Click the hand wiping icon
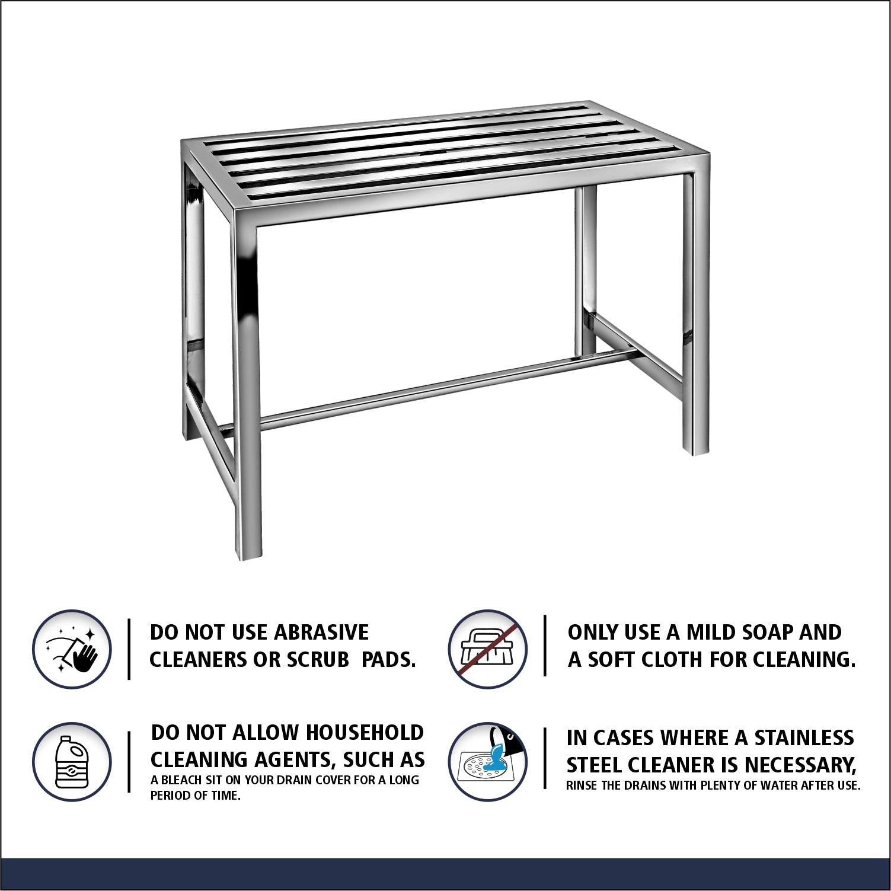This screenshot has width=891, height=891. click(x=72, y=649)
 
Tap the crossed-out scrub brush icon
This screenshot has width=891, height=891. click(x=487, y=649)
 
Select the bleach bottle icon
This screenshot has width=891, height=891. click(x=72, y=762)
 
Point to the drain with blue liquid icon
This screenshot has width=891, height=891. click(x=487, y=762)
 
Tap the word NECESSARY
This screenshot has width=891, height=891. click(x=800, y=765)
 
